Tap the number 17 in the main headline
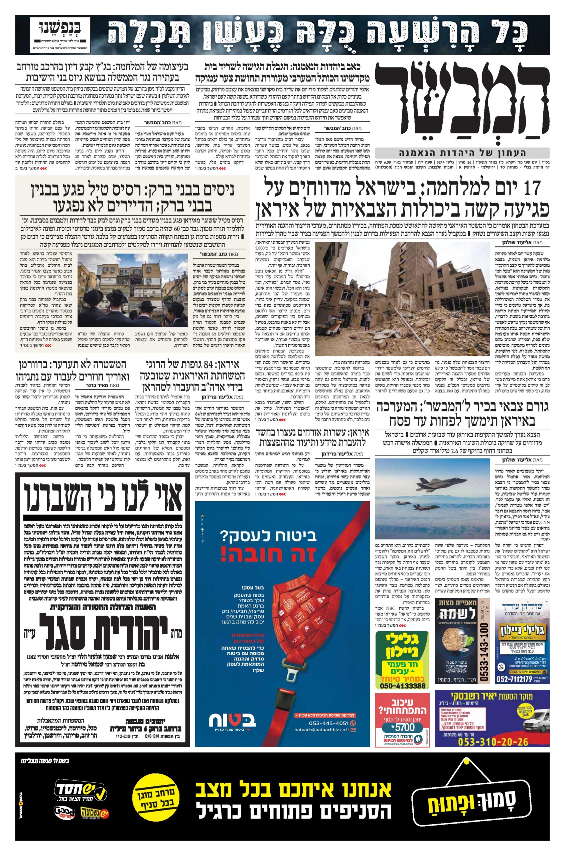point(529,189)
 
